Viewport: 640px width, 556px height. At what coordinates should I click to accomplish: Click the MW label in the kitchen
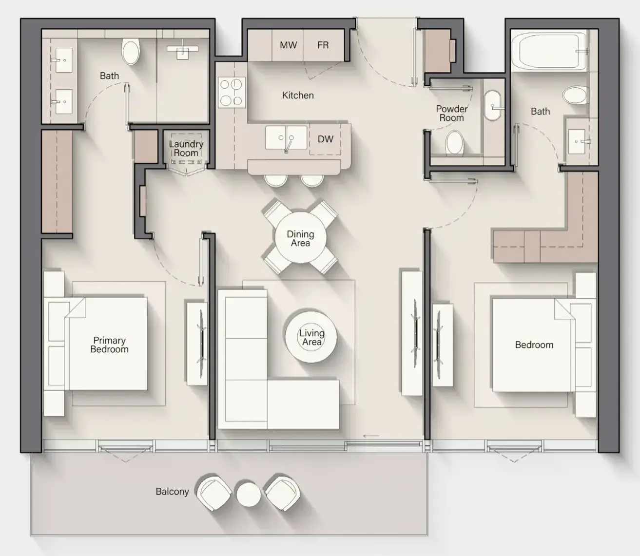[288, 45]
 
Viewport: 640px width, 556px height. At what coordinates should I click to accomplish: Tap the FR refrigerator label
[323, 45]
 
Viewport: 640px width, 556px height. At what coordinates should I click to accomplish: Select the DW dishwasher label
[325, 139]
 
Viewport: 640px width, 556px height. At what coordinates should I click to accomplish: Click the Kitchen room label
[298, 95]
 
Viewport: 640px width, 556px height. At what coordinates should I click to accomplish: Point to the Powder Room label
[451, 113]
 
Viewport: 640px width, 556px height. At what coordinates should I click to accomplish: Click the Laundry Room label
[186, 148]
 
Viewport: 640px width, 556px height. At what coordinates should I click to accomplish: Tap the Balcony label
[173, 491]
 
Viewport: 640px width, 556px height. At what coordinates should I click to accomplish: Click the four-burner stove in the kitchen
[232, 92]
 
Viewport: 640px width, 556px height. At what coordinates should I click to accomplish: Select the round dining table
[300, 238]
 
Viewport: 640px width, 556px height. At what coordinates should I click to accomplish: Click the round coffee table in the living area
[311, 337]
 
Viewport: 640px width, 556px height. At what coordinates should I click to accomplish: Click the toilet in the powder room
[454, 143]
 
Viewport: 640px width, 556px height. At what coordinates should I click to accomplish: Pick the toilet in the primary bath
[131, 51]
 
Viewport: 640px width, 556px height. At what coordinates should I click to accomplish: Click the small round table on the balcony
[248, 495]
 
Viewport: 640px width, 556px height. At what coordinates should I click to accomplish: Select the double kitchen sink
[286, 137]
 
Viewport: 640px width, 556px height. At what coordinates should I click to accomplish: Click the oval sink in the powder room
[492, 105]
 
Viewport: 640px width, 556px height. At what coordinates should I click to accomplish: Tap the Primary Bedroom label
[109, 345]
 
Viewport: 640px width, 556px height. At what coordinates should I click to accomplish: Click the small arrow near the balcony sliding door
[371, 436]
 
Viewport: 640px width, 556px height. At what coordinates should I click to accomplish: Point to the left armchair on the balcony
[213, 493]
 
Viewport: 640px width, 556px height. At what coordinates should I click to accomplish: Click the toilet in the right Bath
[575, 95]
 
